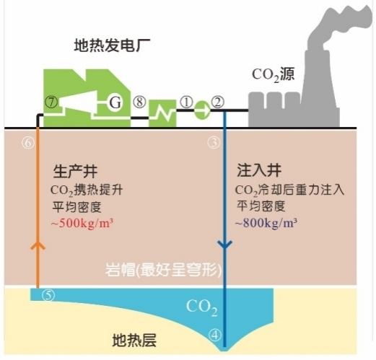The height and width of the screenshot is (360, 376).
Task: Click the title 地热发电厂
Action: [112, 45]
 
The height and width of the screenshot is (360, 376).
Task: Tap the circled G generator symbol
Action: [115, 102]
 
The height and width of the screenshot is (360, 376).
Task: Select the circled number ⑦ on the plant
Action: [51, 102]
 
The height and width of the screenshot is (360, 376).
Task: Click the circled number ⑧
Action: [139, 102]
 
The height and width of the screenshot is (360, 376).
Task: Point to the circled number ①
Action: [186, 102]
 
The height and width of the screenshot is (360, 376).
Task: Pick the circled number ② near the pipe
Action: [218, 102]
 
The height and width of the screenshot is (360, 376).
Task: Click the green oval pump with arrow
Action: [202, 110]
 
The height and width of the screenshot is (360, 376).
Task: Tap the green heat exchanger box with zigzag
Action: [162, 113]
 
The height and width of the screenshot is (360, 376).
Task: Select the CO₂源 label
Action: [274, 75]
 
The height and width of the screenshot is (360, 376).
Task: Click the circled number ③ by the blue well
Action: [214, 143]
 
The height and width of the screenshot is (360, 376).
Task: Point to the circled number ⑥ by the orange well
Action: [28, 143]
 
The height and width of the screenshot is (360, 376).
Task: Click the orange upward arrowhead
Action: [38, 245]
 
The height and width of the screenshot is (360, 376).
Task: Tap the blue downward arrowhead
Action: [224, 245]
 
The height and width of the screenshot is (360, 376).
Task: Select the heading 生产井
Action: [75, 171]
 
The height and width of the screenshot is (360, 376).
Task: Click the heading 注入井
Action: [259, 170]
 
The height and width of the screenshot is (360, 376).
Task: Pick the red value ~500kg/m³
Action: [82, 223]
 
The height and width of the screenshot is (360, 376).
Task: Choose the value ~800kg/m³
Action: [266, 223]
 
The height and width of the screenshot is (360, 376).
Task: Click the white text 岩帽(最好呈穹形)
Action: [163, 270]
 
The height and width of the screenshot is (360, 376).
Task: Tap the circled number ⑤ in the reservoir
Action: [48, 295]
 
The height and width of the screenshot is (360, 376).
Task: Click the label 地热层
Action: [134, 340]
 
